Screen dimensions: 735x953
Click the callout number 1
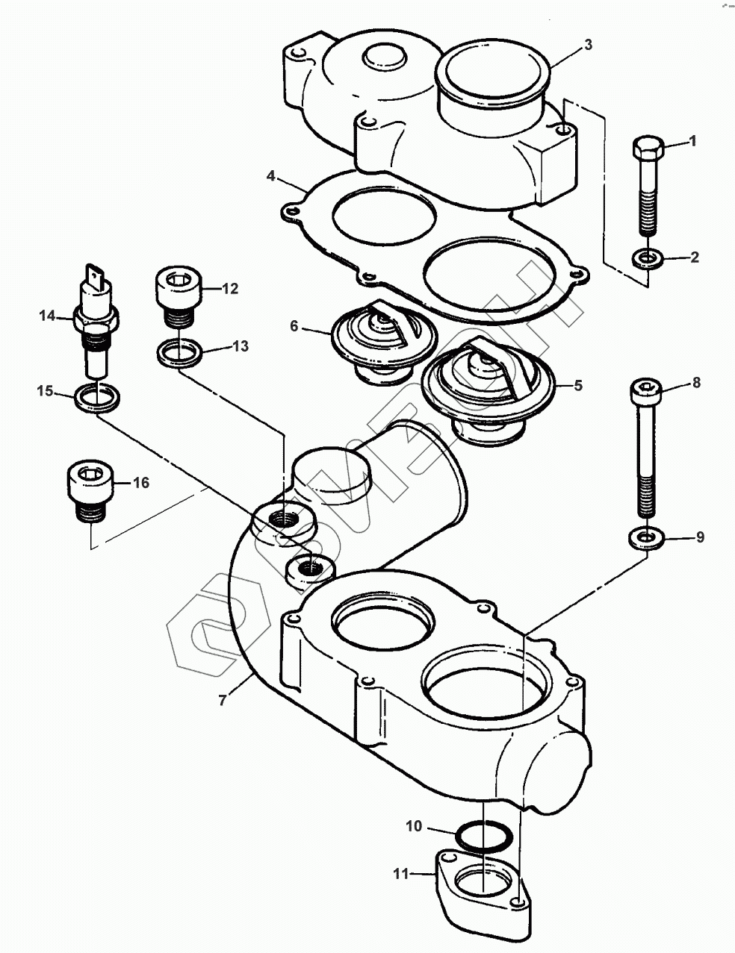[692, 141]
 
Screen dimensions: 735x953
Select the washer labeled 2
[648, 258]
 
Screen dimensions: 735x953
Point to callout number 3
[589, 45]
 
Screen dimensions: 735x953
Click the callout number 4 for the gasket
[270, 176]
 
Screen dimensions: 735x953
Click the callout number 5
[578, 385]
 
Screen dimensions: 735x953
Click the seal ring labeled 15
[97, 398]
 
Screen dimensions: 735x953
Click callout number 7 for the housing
[223, 701]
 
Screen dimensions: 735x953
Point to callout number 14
[47, 316]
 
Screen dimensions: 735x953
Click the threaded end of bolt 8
[646, 496]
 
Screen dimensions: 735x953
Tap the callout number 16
[141, 483]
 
